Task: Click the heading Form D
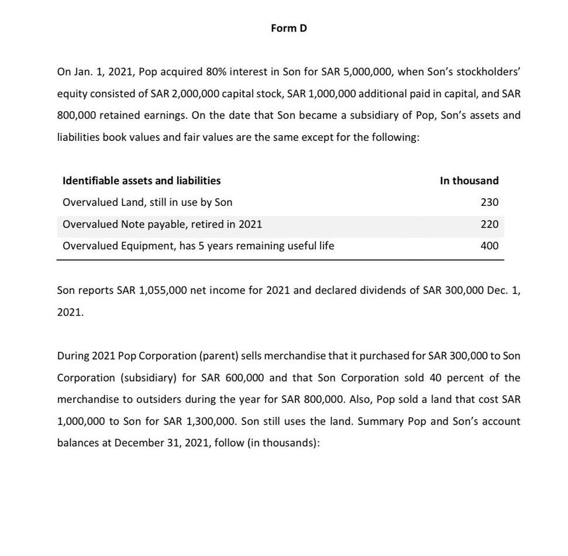pos(289,28)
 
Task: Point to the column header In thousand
pos(469,181)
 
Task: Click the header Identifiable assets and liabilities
pos(142,181)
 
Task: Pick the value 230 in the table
pos(489,202)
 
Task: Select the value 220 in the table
pos(489,224)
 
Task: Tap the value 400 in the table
pos(489,246)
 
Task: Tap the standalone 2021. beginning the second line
pos(70,313)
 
